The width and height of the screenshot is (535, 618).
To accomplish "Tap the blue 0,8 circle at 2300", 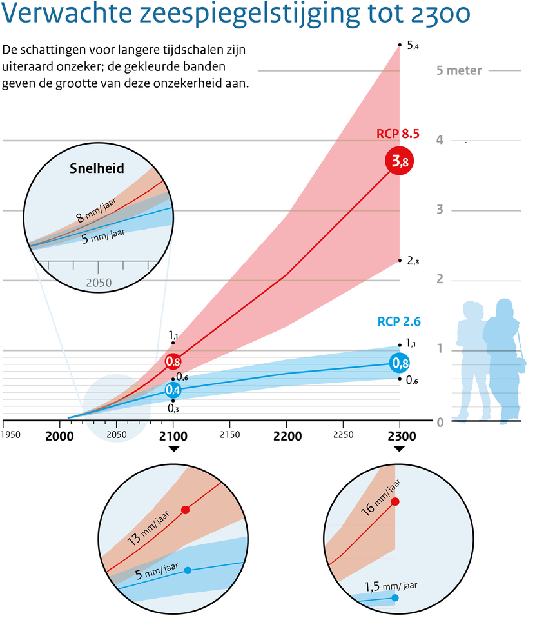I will (x=400, y=363).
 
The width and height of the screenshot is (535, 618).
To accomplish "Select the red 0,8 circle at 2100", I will (x=173, y=361).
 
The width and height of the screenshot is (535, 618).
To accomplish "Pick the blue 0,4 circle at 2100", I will (x=173, y=390).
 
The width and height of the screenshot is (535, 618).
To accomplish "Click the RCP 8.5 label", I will (x=398, y=134).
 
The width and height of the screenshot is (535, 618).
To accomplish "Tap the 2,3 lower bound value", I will (x=413, y=261).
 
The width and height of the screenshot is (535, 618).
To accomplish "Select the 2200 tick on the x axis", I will (x=287, y=436).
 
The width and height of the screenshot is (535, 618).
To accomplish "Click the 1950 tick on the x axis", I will (x=11, y=435).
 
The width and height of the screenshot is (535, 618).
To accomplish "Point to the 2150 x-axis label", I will (x=230, y=435).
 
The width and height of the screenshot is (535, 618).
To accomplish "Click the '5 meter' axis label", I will (x=459, y=70).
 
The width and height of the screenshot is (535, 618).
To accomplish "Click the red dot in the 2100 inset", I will (x=186, y=510).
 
